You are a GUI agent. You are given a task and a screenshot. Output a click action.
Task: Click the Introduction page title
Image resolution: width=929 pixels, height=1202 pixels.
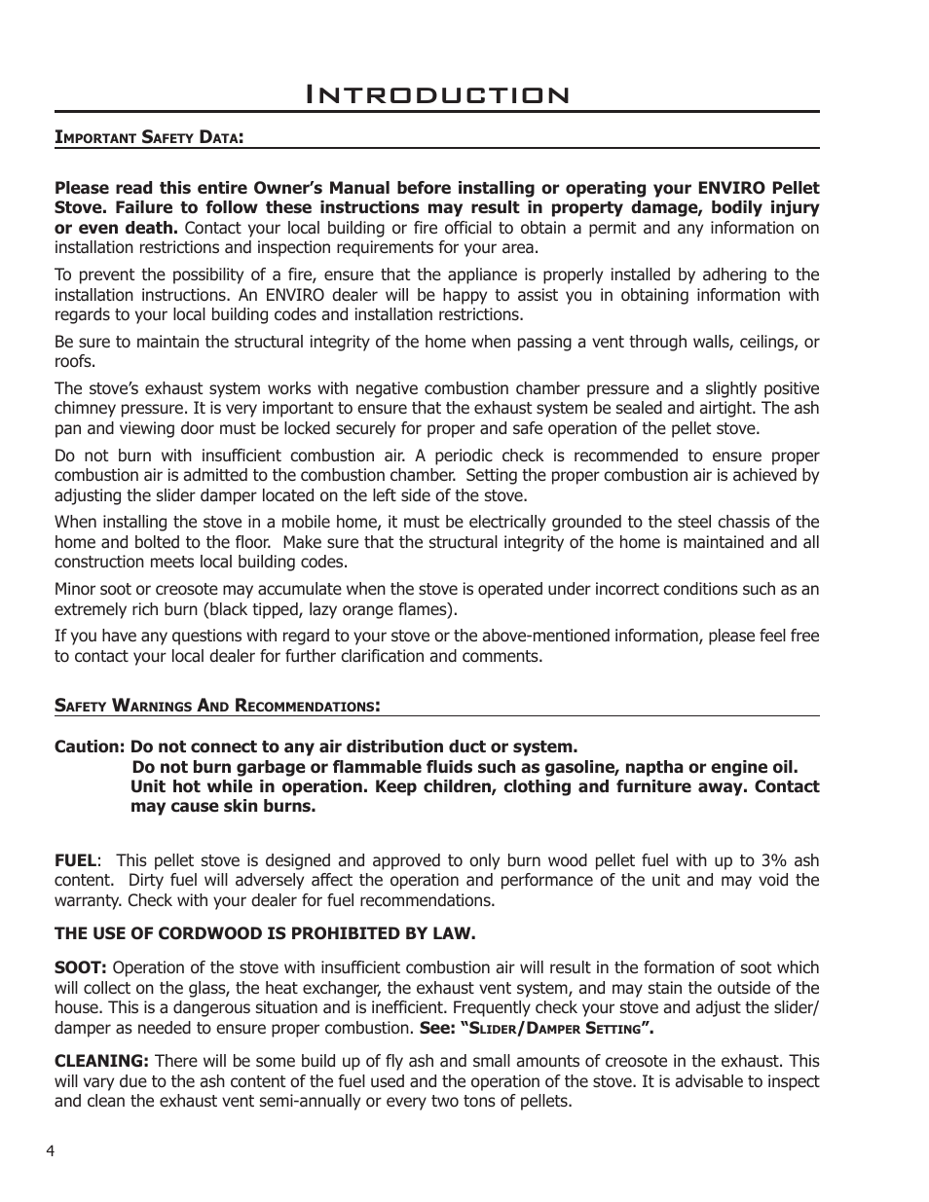pos(437,94)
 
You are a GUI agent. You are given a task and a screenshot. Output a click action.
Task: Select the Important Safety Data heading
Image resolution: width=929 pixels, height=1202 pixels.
pos(148,137)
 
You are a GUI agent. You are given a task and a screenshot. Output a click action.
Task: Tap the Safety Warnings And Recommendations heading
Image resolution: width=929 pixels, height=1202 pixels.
pos(216,705)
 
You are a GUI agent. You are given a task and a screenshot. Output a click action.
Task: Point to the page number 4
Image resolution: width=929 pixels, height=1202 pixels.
pos(50,1150)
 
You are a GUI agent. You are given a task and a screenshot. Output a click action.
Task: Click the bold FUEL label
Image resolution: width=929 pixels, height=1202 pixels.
pos(75,859)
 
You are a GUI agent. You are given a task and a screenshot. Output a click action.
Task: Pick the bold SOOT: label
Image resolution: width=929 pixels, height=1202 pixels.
pos(81,967)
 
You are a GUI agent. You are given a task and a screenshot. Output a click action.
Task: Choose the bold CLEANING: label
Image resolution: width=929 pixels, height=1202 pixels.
pos(101,1061)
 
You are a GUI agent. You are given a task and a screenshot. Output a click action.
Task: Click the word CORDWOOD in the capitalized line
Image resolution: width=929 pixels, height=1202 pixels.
pos(176,933)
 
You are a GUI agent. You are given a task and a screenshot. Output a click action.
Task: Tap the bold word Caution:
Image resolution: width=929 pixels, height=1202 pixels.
pos(89,747)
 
